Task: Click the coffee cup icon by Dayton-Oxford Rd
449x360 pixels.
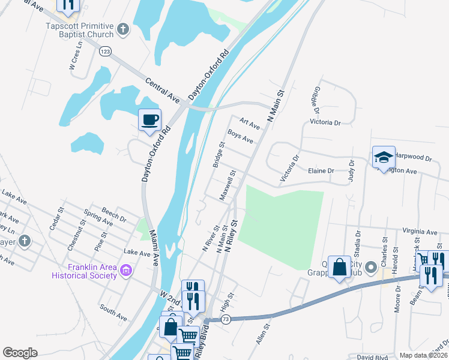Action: coord(149,119)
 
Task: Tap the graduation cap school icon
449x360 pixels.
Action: coord(384,157)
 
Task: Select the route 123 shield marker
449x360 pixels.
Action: coord(106,51)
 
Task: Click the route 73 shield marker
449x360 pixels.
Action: coord(225,320)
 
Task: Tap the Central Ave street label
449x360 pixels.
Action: coord(162,89)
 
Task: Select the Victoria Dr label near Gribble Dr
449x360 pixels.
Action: coord(325,122)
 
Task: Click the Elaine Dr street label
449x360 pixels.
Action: coord(321,171)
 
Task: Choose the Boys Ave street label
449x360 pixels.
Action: coord(240,137)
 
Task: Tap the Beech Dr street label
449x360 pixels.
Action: coord(114,215)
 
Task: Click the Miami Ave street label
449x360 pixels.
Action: coord(154,247)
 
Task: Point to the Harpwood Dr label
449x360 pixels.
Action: coord(414,158)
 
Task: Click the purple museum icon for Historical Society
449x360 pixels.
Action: coord(125,271)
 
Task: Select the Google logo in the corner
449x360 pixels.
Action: coord(20,353)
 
